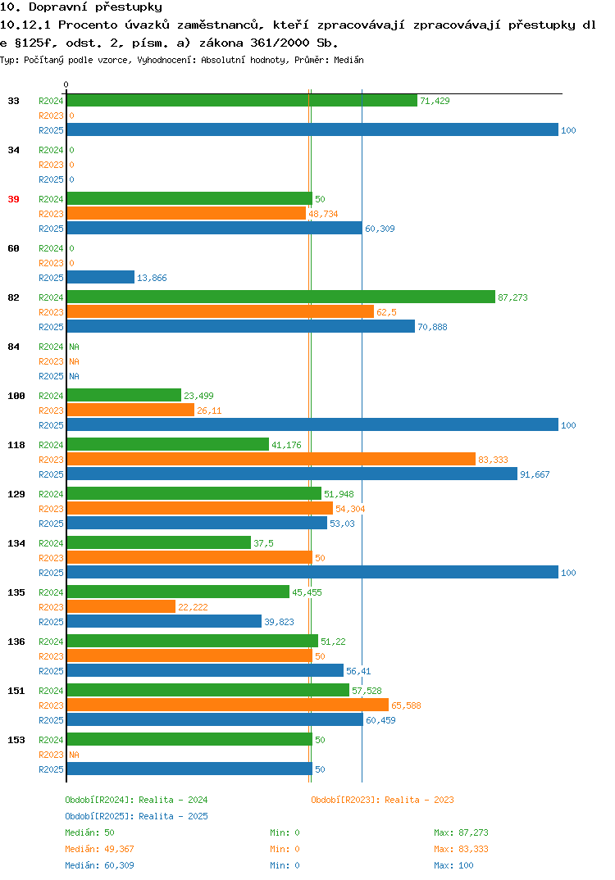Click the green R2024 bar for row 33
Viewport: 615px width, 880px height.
pos(242,101)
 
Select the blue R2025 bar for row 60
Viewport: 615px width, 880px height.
pos(101,277)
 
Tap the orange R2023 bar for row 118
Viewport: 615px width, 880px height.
pos(271,459)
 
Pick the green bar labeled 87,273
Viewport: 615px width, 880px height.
pos(280,297)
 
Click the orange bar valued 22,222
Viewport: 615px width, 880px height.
pos(121,606)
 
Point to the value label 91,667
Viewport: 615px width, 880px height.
pos(535,474)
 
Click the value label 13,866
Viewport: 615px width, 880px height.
pos(152,278)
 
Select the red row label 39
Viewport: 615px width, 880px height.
pos(13,199)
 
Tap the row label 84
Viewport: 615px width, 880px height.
pos(13,347)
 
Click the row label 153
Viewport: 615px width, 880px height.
pos(16,740)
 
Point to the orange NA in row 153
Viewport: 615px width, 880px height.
pos(74,755)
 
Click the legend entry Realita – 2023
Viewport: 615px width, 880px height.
pos(382,800)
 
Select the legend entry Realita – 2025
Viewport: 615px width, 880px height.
pos(136,816)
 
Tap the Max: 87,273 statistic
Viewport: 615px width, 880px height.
pos(461,832)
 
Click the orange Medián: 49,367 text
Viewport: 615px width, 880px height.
pos(99,849)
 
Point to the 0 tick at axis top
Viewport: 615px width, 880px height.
pos(66,84)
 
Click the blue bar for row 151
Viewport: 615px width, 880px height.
pos(215,719)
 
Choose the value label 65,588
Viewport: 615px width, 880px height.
pos(406,705)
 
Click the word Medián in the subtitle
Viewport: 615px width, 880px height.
pos(348,60)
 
